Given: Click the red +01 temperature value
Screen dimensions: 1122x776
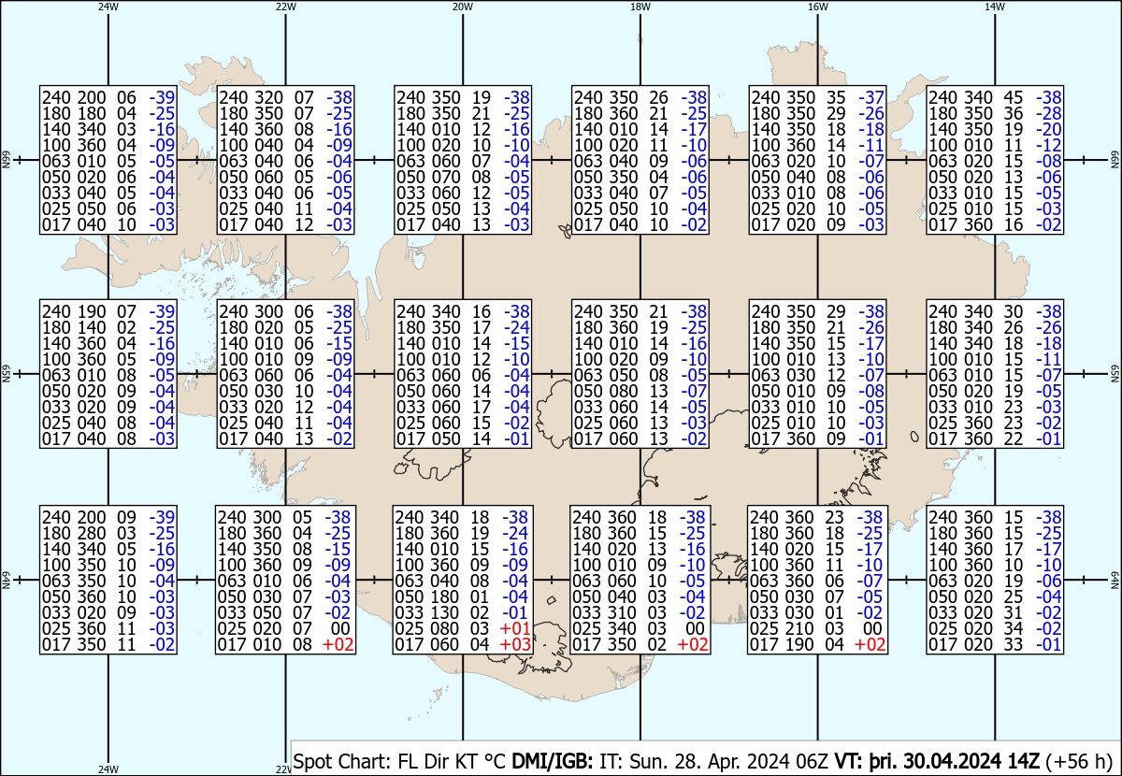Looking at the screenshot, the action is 515,628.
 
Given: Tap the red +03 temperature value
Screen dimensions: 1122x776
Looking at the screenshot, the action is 515,645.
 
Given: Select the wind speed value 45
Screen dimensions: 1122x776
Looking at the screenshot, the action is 1014,97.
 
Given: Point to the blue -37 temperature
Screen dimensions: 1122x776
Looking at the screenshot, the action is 871,97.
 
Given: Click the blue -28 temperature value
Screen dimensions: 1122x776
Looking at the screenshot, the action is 1048,114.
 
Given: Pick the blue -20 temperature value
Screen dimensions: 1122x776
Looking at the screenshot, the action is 1048,130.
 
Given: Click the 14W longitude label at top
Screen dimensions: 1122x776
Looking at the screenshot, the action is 995,7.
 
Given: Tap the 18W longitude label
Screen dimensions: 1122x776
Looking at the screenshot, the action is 640,7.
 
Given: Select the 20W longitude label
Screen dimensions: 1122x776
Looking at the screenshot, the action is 463,7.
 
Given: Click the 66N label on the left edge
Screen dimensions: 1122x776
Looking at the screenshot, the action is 6,160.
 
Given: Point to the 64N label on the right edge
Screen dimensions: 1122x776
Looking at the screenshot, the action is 1115,580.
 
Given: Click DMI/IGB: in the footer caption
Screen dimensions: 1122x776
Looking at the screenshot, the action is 552,761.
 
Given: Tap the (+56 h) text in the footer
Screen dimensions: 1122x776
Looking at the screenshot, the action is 1079,761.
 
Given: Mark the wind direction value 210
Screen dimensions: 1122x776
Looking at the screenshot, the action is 797,628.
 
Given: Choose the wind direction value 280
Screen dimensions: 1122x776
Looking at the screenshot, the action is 92,534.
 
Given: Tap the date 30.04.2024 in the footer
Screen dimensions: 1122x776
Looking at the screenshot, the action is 952,761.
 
